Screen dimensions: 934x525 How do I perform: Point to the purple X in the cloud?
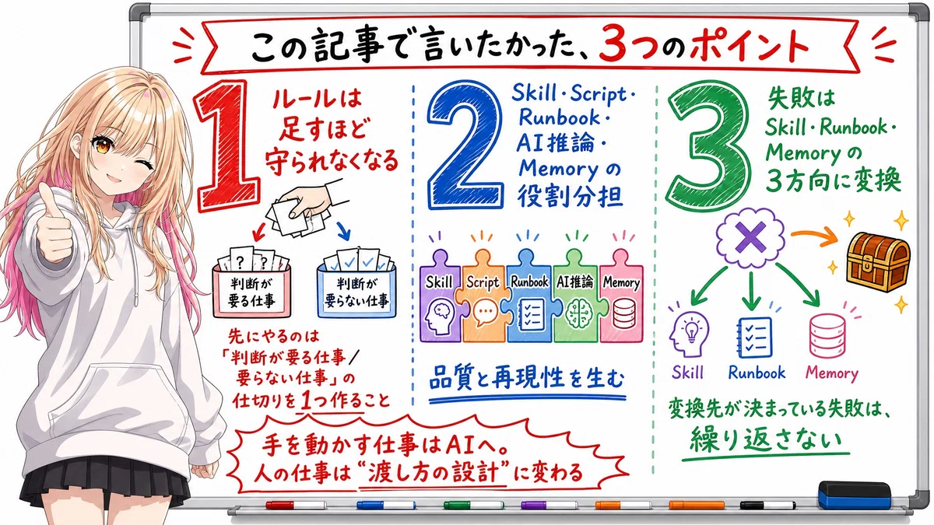pyautogui.click(x=750, y=237)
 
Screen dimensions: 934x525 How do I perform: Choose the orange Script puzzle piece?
pyautogui.click(x=483, y=296)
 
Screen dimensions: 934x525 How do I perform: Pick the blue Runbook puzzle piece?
pyautogui.click(x=529, y=296)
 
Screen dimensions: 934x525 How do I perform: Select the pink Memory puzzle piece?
pyautogui.click(x=621, y=296)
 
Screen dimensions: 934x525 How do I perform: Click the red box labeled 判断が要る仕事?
pyautogui.click(x=251, y=289)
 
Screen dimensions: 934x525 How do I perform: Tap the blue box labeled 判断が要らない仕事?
pyautogui.click(x=356, y=289)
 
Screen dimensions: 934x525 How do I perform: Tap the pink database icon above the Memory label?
pyautogui.click(x=827, y=336)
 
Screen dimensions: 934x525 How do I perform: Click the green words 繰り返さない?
pyautogui.click(x=766, y=440)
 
